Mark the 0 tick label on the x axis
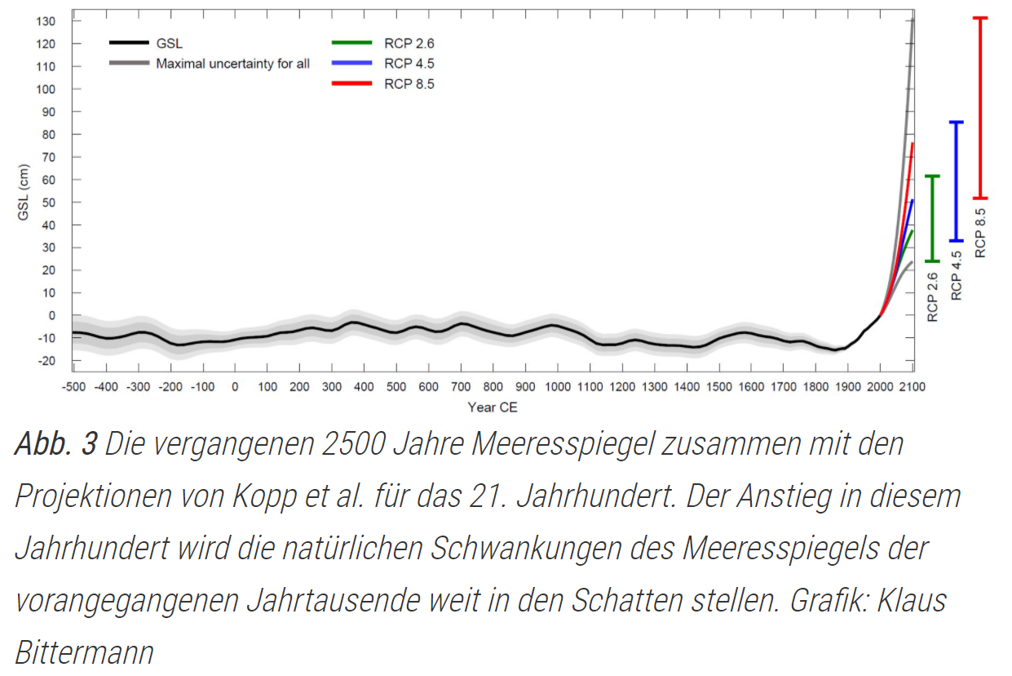tap(235, 387)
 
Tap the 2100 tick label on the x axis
tap(912, 387)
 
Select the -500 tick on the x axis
tap(73, 387)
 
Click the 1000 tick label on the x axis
tap(558, 387)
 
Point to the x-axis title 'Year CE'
tap(492, 407)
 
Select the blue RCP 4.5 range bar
tap(957, 181)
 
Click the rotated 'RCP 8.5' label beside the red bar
tap(981, 233)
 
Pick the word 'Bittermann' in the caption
tap(84, 652)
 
